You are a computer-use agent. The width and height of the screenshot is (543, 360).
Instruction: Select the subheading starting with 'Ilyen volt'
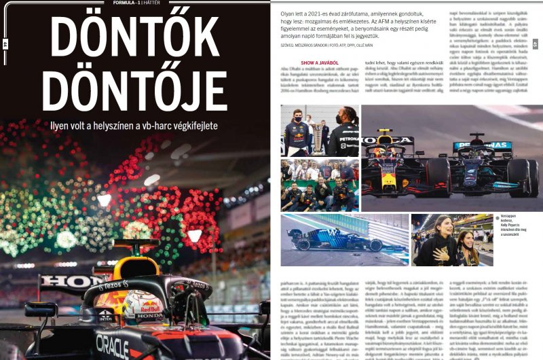tap(135, 126)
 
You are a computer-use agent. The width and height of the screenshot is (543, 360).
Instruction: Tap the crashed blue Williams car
tap(336, 238)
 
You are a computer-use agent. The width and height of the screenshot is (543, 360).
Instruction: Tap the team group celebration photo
tap(320, 185)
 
